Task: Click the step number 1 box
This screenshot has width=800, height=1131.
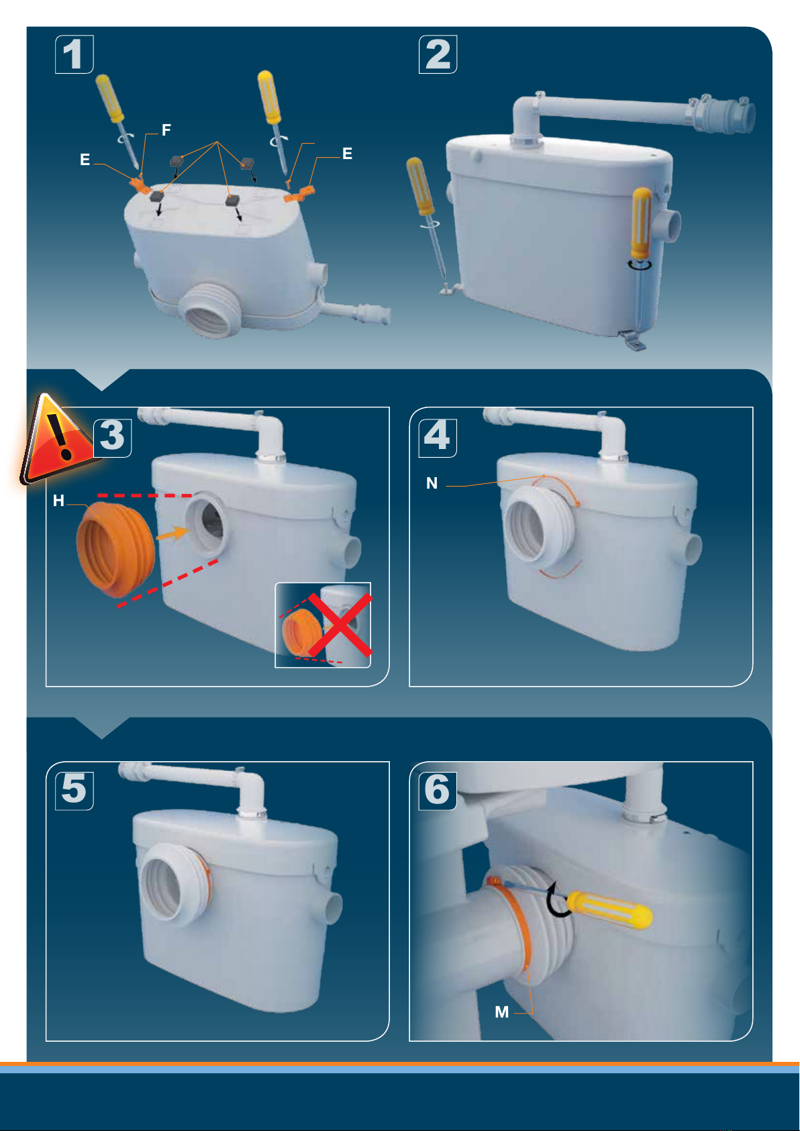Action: (74, 54)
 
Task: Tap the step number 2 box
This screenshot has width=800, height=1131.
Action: (438, 54)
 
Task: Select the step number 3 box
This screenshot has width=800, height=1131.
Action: (112, 438)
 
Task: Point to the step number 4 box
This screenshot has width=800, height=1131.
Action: (438, 438)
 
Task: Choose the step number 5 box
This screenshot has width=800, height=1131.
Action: (74, 791)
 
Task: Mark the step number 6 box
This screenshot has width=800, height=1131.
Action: (438, 791)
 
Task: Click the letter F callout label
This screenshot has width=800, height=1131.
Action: (166, 130)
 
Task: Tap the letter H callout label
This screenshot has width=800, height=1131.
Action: (58, 500)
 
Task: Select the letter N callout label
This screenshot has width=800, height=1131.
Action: (432, 483)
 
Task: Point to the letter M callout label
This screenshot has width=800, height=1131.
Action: (502, 1012)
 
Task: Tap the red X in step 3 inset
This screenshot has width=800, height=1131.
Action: (340, 625)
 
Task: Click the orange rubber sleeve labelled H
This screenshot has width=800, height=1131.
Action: (115, 549)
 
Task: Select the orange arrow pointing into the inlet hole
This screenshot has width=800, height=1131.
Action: (172, 533)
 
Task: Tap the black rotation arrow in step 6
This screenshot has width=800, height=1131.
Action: (558, 899)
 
